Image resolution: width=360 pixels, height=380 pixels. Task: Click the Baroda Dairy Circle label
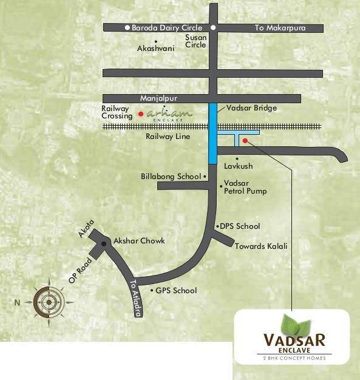(x=163, y=28)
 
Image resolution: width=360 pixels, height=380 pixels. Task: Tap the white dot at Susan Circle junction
(x=213, y=28)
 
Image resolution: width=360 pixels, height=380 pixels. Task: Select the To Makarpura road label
(x=279, y=28)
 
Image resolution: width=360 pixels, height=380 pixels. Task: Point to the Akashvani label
(x=156, y=48)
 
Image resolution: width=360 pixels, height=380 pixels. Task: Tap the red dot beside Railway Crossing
(x=141, y=114)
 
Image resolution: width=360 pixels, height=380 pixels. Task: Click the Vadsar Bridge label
(x=251, y=108)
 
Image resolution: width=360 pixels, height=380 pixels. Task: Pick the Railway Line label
(x=168, y=137)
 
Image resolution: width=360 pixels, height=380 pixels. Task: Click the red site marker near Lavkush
(x=245, y=141)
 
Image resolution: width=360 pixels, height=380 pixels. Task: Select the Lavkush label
(x=238, y=166)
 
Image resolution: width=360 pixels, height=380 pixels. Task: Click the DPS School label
(x=240, y=226)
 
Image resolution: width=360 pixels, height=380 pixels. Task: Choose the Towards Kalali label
(x=262, y=246)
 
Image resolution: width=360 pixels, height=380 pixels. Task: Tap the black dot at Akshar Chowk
(x=104, y=244)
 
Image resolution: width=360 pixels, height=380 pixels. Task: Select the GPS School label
(x=176, y=291)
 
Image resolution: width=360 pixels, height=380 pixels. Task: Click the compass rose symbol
(x=48, y=300)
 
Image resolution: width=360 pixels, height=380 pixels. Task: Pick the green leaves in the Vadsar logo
(x=294, y=324)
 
